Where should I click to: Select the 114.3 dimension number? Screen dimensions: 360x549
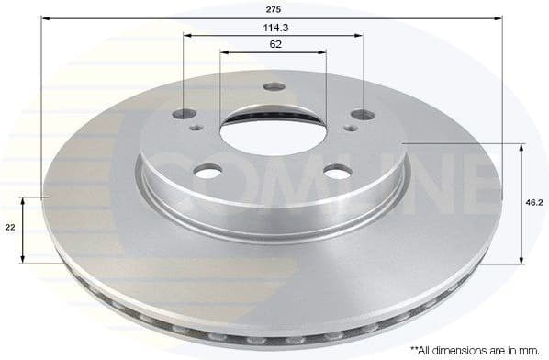click(274, 27)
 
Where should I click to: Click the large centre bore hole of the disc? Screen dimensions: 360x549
click(274, 134)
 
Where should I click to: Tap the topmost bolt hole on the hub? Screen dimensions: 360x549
click(273, 87)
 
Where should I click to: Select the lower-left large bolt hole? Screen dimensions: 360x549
click(209, 171)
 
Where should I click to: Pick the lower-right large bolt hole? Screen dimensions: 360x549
click(337, 172)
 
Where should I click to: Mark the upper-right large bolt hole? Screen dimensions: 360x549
click(362, 115)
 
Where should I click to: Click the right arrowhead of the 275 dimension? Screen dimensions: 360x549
click(501, 17)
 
